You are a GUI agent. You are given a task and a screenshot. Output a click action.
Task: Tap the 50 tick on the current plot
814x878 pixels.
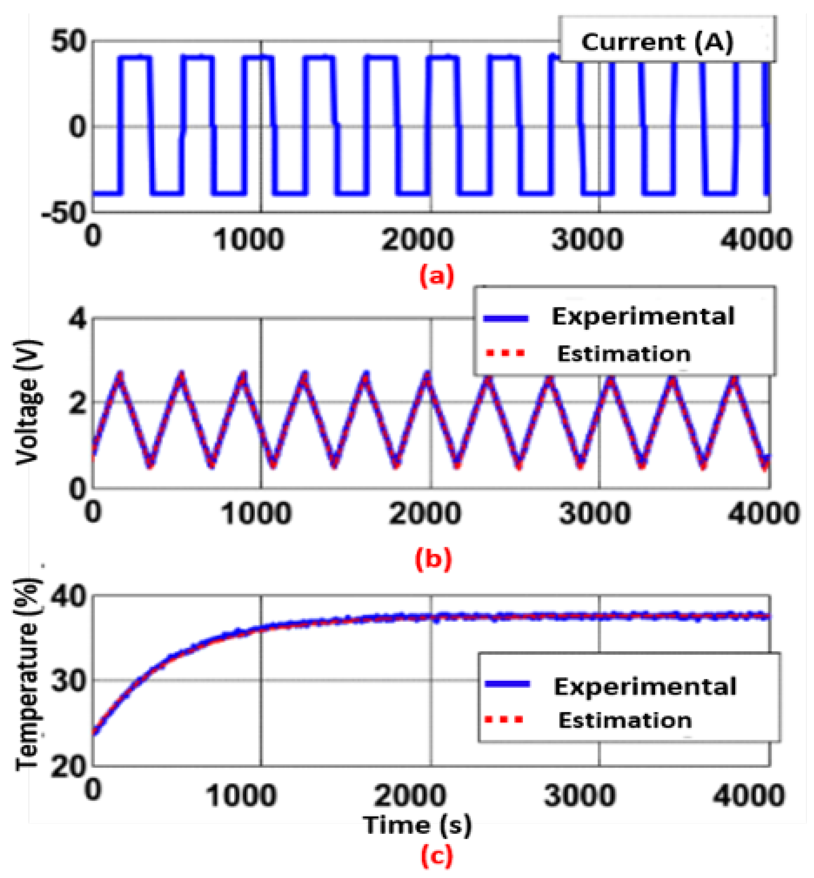click(68, 42)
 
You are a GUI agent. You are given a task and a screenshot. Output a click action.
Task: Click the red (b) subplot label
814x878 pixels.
click(434, 559)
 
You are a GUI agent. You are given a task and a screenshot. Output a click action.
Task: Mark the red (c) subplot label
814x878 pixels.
click(437, 856)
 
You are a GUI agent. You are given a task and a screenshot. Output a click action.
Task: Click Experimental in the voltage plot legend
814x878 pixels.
click(643, 316)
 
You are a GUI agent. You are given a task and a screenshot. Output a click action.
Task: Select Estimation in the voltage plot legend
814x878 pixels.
click(623, 353)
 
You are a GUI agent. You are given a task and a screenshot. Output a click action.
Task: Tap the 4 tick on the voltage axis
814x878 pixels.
click(77, 318)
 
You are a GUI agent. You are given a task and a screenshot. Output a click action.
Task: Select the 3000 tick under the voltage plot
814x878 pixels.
click(594, 513)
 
